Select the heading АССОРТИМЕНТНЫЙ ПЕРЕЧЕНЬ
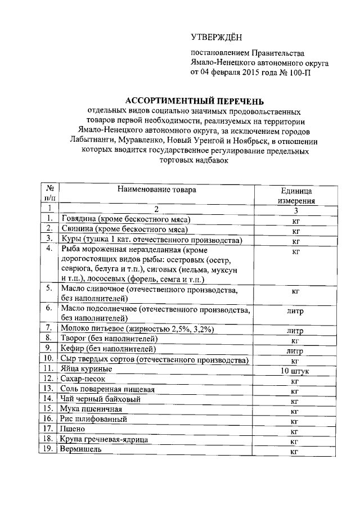tap(193, 101)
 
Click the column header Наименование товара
tap(157, 190)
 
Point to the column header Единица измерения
tap(296, 196)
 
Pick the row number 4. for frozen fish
tap(50, 249)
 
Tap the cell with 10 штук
tap(295, 372)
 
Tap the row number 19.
tap(50, 449)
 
